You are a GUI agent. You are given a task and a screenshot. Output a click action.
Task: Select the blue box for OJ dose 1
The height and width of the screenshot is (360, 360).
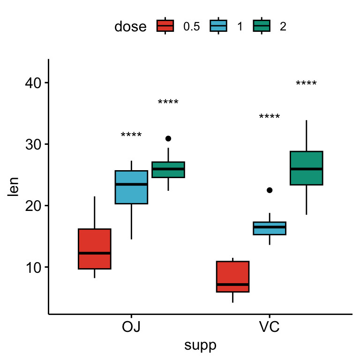pyautogui.click(x=131, y=187)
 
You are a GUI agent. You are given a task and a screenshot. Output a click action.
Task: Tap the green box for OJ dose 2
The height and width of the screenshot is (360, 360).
pyautogui.click(x=168, y=169)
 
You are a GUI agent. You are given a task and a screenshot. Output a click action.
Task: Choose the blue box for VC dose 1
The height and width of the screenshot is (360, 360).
pyautogui.click(x=270, y=228)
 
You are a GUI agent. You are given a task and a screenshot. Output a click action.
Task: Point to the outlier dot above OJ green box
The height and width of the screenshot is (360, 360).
pyautogui.click(x=168, y=139)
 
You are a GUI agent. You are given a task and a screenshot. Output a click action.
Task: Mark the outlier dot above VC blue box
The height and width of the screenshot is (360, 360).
pyautogui.click(x=270, y=190)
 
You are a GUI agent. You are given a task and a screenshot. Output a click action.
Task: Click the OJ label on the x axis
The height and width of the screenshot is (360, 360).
pyautogui.click(x=131, y=327)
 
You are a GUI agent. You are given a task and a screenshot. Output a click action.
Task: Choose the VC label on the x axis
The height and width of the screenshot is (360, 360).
pyautogui.click(x=269, y=327)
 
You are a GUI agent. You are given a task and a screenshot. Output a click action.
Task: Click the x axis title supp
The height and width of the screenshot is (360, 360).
pyautogui.click(x=200, y=346)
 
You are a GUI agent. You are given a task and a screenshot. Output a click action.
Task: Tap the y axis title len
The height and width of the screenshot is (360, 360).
pyautogui.click(x=14, y=186)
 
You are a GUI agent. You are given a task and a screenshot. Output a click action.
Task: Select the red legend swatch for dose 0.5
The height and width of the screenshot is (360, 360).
pyautogui.click(x=165, y=26)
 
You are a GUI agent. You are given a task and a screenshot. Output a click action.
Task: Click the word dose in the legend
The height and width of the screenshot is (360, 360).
pyautogui.click(x=130, y=27)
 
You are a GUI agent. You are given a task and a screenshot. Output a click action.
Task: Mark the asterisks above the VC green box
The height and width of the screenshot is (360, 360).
pyautogui.click(x=306, y=85)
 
